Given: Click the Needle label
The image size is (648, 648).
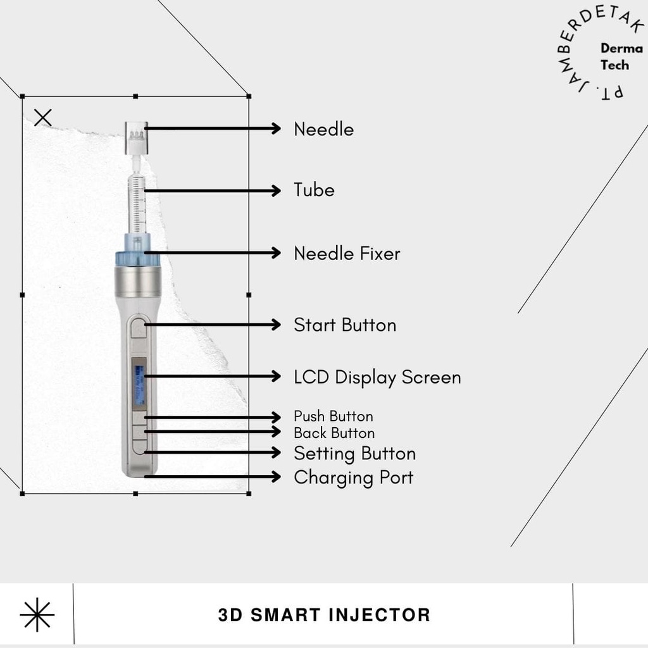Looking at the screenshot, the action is [x=323, y=129].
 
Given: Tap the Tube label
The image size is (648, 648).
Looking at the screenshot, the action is [x=314, y=190].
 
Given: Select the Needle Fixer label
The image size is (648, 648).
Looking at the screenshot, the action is [x=347, y=253].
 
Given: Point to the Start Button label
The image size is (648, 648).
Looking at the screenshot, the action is [x=345, y=325].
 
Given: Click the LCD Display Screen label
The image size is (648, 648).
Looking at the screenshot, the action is [x=377, y=378].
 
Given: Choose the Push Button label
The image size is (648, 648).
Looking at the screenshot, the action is [x=333, y=416].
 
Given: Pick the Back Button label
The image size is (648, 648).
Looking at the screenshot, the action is [x=334, y=433].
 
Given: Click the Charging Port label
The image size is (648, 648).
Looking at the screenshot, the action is [x=353, y=478].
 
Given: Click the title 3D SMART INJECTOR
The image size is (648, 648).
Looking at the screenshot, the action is [x=324, y=615].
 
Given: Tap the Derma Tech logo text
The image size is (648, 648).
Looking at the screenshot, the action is [x=621, y=56].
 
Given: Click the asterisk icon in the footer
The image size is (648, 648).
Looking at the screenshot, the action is [x=37, y=615].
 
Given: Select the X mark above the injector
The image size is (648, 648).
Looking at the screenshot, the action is [x=43, y=118].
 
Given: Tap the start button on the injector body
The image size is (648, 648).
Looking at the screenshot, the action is [x=139, y=327].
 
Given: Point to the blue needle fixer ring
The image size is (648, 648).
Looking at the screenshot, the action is [x=137, y=259].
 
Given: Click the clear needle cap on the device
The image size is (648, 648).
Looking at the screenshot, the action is [x=137, y=138].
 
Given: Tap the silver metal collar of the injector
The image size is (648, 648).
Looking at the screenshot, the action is [x=137, y=283].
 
